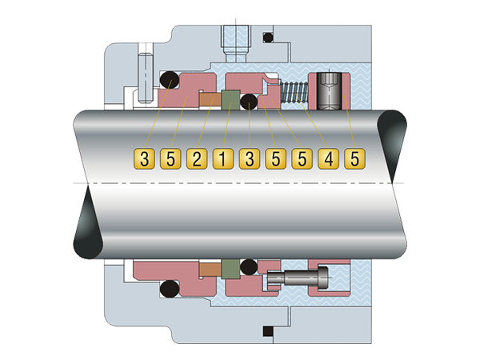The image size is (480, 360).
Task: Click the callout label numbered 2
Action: point(197,159)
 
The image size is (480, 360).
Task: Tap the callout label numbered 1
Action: point(223,159)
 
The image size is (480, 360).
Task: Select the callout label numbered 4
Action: point(329,159)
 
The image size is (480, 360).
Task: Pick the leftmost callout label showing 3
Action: point(144,159)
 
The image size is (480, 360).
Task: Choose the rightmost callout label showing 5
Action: point(354,159)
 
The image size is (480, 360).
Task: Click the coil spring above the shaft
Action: point(294,91)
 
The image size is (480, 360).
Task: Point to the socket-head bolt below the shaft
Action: point(298,277)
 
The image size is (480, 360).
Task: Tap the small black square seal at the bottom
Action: point(268,331)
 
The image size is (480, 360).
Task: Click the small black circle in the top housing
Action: point(268,37)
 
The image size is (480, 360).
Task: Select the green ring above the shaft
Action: point(230,100)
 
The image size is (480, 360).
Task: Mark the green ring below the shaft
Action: point(230,269)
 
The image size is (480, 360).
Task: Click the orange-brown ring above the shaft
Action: point(210,99)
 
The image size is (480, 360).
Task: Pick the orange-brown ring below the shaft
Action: point(210,269)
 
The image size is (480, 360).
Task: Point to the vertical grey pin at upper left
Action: point(145,78)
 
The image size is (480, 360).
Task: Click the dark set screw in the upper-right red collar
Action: point(329,91)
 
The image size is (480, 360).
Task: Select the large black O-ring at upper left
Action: point(170,80)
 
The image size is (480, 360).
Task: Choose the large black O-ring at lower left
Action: point(170,288)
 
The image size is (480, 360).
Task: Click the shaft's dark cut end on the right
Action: point(392,144)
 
